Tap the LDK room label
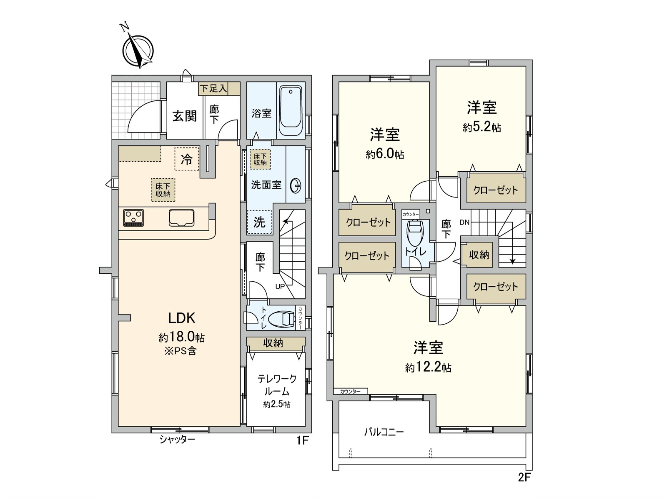(181, 318)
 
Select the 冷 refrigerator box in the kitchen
(186, 159)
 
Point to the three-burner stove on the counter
(133, 218)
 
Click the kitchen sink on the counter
(181, 218)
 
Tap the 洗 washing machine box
(259, 222)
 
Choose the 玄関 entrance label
(184, 115)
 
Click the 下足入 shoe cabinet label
(213, 88)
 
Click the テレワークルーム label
(277, 385)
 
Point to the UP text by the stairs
(280, 287)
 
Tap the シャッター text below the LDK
(177, 440)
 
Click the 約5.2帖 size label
(481, 127)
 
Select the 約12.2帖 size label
(428, 367)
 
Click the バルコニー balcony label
(384, 432)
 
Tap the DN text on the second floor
(464, 222)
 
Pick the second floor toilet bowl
(415, 234)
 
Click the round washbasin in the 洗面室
(295, 185)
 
